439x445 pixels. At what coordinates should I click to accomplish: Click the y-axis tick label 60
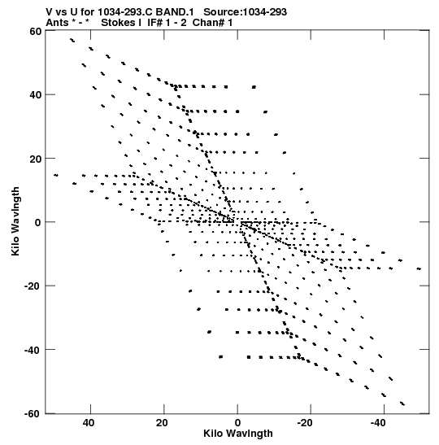35,31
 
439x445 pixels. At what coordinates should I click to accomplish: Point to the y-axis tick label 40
35,95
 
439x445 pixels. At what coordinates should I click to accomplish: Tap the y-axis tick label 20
35,159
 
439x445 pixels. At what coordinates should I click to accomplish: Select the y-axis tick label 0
38,223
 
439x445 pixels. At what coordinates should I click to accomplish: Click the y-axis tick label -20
33,286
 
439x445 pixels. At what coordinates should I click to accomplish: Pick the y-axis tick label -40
33,350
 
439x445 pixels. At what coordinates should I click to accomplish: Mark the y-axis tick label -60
33,414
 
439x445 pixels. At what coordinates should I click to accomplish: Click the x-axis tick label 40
89,423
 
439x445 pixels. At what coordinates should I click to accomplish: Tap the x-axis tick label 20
162,423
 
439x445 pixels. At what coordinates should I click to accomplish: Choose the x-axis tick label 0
237,423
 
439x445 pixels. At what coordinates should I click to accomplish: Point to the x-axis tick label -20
306,423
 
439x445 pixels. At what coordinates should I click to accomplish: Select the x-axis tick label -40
379,423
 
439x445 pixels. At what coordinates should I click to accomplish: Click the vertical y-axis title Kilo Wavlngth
15,221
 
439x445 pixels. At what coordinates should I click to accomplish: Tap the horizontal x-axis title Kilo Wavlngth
238,434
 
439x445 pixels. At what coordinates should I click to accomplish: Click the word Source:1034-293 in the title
245,12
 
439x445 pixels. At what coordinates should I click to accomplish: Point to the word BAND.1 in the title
175,12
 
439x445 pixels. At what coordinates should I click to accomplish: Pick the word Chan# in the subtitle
208,23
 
